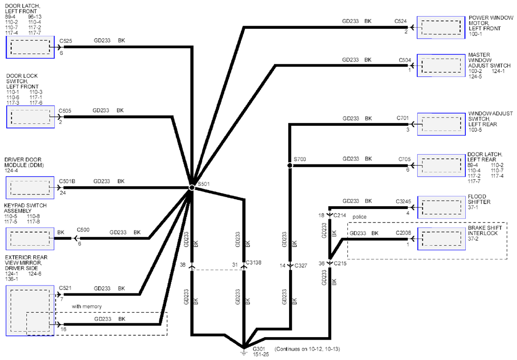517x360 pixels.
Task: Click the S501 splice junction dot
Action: tap(192, 187)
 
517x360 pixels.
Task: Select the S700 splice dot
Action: tap(290, 165)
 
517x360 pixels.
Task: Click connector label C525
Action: tap(66, 41)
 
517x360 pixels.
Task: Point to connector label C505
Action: tap(65, 111)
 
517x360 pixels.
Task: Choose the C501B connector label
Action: tap(67, 181)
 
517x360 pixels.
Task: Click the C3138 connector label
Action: tap(254, 262)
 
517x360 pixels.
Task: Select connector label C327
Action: tap(301, 265)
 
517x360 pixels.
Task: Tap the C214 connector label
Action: tap(339, 215)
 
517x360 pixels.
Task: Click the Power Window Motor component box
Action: tap(441, 27)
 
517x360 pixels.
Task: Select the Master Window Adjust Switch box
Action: tap(441, 65)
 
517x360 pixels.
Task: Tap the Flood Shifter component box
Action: tap(441, 207)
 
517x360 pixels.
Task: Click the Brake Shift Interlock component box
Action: tap(441, 239)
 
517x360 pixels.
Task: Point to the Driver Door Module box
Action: tap(30, 187)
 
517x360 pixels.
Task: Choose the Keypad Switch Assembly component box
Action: tap(30, 239)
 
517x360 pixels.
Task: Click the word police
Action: tap(359, 217)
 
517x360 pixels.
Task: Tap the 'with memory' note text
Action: tap(87, 307)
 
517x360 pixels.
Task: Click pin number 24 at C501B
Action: tap(62, 193)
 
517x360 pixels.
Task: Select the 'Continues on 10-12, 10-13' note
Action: tap(308, 349)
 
